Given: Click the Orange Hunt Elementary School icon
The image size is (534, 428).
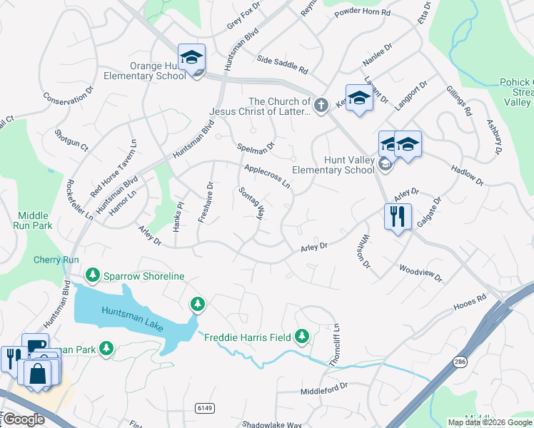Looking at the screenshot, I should click(191, 57).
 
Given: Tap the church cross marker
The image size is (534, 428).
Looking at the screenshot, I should click(321, 105).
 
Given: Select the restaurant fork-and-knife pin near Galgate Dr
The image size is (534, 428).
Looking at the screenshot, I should click(397, 216).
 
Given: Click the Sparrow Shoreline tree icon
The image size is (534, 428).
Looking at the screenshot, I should click(92, 275).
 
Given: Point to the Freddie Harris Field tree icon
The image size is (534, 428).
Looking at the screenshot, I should click(302, 335).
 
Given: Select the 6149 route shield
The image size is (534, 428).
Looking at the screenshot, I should click(204, 407).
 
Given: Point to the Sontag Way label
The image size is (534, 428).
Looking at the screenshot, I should click(251, 204).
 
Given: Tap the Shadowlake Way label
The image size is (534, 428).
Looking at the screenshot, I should click(271, 424).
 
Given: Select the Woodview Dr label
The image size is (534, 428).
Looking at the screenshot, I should click(420, 272).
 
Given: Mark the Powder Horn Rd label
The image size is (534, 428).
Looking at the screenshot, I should click(366, 13).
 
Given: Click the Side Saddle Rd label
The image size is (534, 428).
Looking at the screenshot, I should click(282, 66).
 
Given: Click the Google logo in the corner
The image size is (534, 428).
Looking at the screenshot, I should click(23, 419).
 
